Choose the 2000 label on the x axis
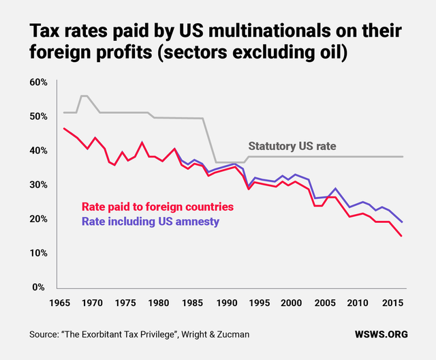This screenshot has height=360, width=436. pos(291,302)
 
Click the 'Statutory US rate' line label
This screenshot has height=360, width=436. pos(292,146)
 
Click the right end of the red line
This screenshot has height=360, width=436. pos(402,237)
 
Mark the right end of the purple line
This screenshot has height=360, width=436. pos(402,222)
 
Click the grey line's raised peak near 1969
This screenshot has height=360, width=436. pos(83,96)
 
